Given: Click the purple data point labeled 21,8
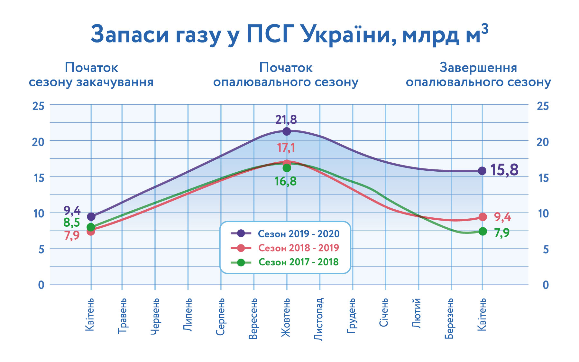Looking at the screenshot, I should click(287, 131).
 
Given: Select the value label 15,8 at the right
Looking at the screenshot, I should click(504, 170).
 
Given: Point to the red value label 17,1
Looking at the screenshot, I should click(286, 148).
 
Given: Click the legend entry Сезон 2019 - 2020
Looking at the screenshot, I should click(299, 234).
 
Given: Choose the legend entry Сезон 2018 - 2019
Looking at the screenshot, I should click(299, 248).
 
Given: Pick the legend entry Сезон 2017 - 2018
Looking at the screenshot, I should click(299, 262).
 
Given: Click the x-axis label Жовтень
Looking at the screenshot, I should click(286, 318).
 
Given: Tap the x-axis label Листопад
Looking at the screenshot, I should click(318, 319).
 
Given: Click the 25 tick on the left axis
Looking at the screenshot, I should click(38, 106).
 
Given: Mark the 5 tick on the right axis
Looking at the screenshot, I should click(546, 249).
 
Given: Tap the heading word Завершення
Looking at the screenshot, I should click(478, 68).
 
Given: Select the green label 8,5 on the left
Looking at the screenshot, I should click(71, 222).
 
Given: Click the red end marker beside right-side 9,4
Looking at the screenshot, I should click(482, 217).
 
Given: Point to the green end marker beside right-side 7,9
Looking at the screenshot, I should click(482, 231).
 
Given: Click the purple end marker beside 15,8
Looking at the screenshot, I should click(482, 171).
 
